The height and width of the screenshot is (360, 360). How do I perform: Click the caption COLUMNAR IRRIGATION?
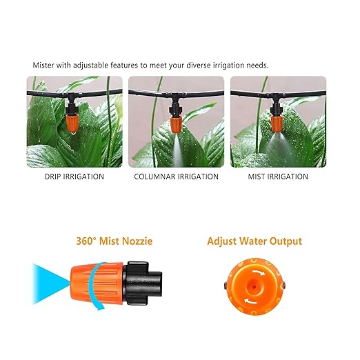177,177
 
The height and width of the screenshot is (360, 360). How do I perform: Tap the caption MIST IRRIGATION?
278,177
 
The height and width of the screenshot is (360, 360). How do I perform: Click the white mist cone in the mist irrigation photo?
279,148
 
